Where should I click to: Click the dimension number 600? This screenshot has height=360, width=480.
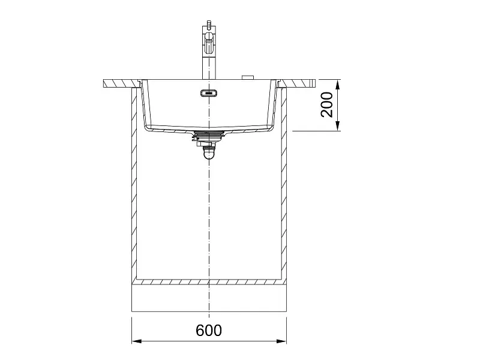click(x=209, y=331)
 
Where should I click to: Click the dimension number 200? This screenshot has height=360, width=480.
click(x=327, y=104)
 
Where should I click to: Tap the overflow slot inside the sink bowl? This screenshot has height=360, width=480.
click(x=209, y=93)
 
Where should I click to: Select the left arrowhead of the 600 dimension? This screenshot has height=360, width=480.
click(x=136, y=341)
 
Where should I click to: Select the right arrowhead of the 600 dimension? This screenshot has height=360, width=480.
click(x=281, y=341)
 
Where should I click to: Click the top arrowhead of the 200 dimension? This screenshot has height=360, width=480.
click(x=338, y=85)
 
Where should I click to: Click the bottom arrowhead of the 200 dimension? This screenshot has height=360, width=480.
click(x=338, y=126)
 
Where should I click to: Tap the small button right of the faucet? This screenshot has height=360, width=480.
click(x=248, y=77)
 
